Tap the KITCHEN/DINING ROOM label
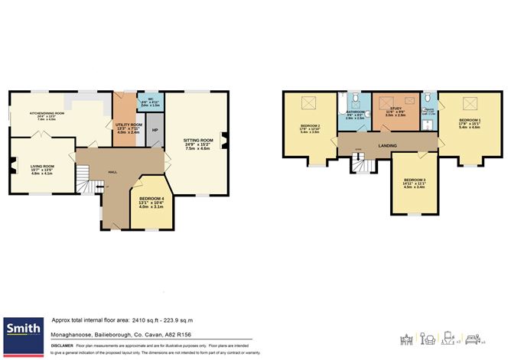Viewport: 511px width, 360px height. point(47,113)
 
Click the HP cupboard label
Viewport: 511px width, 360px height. point(156,130)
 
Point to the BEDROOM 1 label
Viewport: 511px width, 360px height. point(470,120)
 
